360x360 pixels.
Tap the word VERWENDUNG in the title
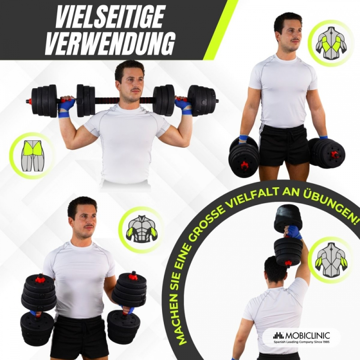(x=110, y=44)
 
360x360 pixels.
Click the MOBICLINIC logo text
(x=308, y=335)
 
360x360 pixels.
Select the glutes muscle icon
(x=32, y=156)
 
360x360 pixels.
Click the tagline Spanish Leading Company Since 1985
(x=301, y=342)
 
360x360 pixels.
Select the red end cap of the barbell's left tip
(x=29, y=101)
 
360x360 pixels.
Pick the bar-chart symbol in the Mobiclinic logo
(x=279, y=336)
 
